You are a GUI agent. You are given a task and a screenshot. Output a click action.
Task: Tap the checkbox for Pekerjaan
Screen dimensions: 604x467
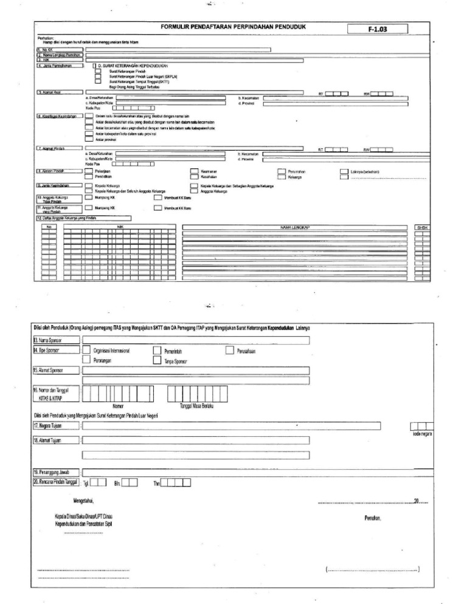click(89, 172)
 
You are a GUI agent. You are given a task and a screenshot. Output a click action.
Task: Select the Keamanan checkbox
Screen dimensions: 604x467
click(194, 172)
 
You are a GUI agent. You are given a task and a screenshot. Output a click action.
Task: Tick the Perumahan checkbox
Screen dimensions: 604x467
click(281, 172)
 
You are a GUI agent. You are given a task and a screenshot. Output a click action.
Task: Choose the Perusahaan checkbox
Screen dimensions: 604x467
click(229, 351)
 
